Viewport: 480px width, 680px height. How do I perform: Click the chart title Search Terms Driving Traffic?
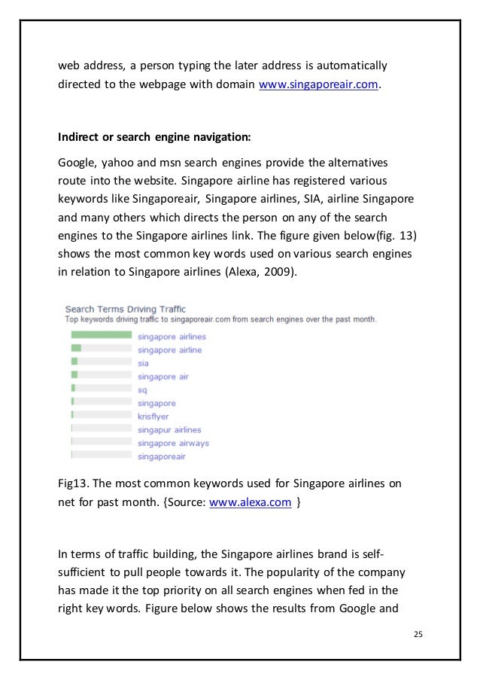(125, 309)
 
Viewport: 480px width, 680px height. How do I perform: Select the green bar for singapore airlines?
(101, 336)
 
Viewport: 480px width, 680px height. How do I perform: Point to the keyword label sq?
(143, 390)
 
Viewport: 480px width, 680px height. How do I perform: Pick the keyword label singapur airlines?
(169, 430)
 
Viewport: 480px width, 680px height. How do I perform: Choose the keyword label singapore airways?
(173, 443)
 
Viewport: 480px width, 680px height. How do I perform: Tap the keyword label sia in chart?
(144, 363)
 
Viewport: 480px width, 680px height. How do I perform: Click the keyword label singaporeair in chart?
(162, 456)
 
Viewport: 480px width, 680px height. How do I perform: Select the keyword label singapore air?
(163, 377)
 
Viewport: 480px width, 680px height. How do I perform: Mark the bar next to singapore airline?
(76, 349)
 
